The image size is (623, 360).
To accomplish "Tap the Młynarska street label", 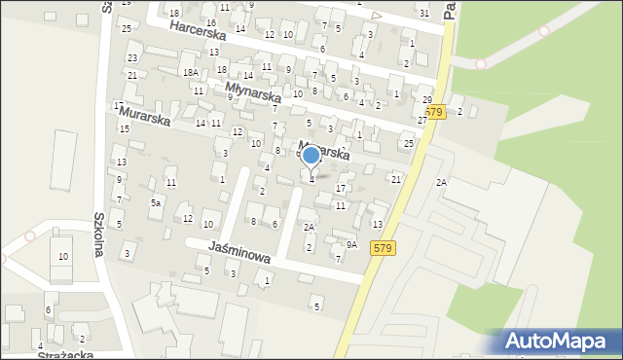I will [x=252, y=92].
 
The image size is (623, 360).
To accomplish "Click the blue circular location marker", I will [x=311, y=155].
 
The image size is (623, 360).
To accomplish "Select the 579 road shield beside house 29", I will [x=434, y=112].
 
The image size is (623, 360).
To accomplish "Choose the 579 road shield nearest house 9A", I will [x=383, y=248].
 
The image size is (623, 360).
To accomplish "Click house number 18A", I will [x=190, y=72].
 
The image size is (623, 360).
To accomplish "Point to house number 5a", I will [x=155, y=202].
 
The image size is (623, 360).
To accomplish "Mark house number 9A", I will [x=351, y=245].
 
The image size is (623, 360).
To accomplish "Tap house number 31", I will [x=423, y=13].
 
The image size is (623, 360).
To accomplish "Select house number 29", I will [x=427, y=100].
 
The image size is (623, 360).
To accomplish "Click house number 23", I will [x=132, y=58].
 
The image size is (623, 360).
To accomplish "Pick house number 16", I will [x=211, y=22].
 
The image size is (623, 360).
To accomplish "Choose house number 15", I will [x=125, y=128].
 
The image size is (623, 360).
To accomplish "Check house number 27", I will [x=422, y=120].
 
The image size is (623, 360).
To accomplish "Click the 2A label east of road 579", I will [x=441, y=183].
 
